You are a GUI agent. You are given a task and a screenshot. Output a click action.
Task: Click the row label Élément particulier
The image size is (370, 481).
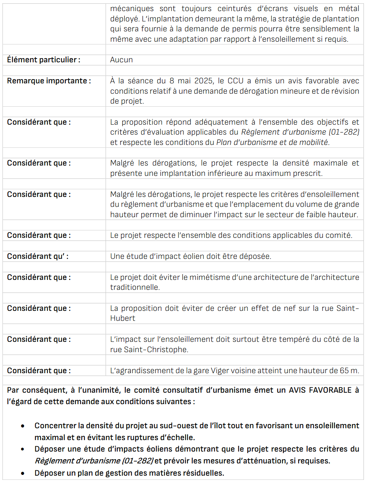click(x=44, y=60)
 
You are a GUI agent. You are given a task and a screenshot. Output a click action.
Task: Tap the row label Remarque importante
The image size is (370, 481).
click(x=49, y=81)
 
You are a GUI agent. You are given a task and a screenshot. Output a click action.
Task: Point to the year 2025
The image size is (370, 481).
click(x=203, y=81)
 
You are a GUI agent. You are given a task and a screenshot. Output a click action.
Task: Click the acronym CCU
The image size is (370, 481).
click(x=235, y=81)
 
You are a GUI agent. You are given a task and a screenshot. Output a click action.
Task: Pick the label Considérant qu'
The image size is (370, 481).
click(x=37, y=256)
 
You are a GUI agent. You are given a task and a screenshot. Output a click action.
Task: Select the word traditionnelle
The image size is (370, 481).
click(x=135, y=287)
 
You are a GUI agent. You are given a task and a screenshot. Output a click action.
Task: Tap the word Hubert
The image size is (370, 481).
click(x=122, y=318)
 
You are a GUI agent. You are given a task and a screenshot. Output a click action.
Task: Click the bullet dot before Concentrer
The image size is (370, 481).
click(x=23, y=426)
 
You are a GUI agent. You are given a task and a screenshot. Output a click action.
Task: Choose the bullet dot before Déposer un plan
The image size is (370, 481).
click(x=23, y=473)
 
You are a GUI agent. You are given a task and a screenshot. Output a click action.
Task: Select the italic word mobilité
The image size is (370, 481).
click(x=313, y=142)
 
